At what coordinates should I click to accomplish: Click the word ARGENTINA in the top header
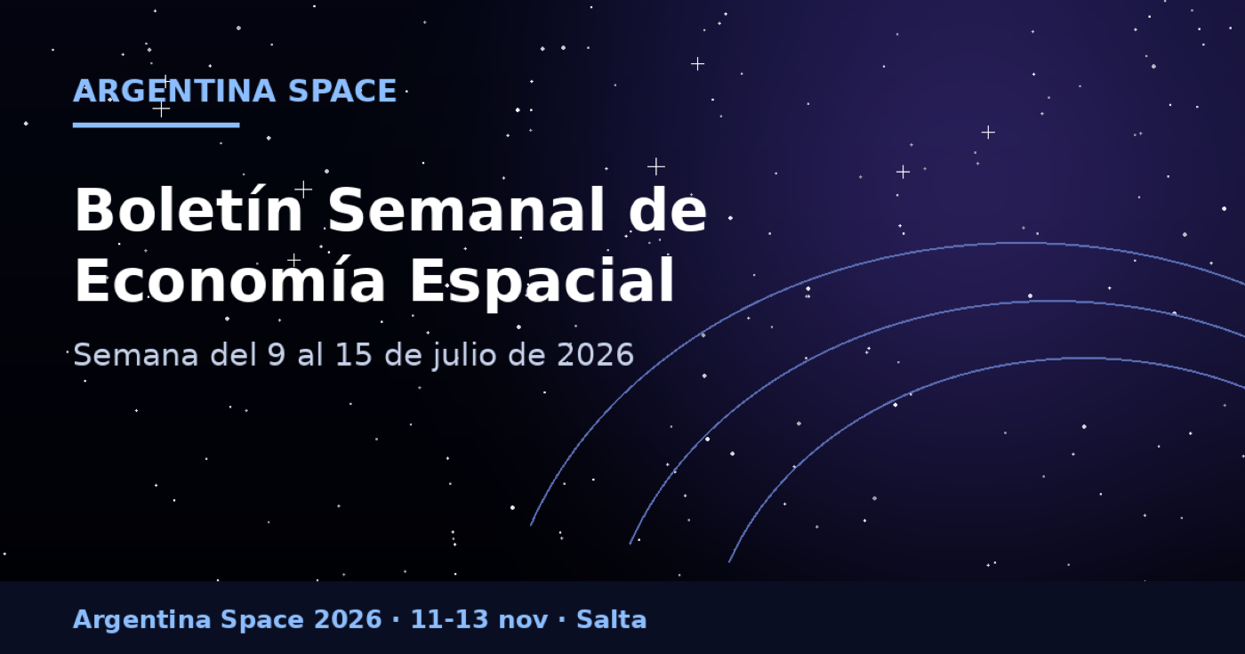pyautogui.click(x=174, y=91)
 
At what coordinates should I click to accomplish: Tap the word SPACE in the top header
pyautogui.click(x=342, y=91)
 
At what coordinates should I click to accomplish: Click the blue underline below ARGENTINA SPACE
pyautogui.click(x=157, y=125)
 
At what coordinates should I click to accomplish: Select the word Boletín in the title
pyautogui.click(x=189, y=210)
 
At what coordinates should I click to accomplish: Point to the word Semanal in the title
pyautogui.click(x=466, y=210)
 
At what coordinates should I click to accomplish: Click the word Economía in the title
pyautogui.click(x=229, y=280)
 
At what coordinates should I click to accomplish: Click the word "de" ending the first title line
pyautogui.click(x=668, y=210)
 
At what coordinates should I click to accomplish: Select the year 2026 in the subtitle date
pyautogui.click(x=595, y=354)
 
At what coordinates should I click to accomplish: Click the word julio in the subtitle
pyautogui.click(x=464, y=356)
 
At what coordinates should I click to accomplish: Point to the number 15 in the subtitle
pyautogui.click(x=354, y=354)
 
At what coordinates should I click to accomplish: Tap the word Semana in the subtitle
pyautogui.click(x=135, y=354)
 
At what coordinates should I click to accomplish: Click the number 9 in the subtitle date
pyautogui.click(x=277, y=354)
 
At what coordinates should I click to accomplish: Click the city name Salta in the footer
pyautogui.click(x=612, y=619)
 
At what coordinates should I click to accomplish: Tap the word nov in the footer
pyautogui.click(x=523, y=622)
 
